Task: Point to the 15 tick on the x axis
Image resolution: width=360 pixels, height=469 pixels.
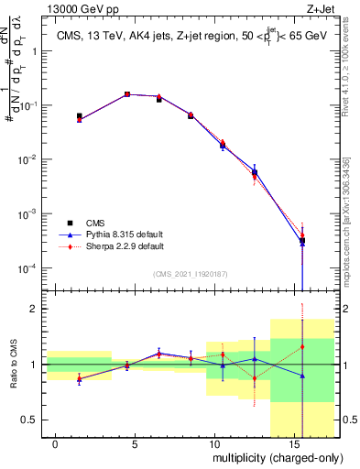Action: click(291, 443)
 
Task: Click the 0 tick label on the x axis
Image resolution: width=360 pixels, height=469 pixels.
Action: click(56, 443)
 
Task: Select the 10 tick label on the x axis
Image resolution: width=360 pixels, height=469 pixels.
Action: click(213, 443)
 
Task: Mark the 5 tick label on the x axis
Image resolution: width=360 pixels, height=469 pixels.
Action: click(135, 443)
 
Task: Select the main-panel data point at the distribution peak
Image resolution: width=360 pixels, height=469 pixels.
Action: click(127, 94)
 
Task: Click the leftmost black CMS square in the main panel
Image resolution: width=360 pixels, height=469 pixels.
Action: click(80, 116)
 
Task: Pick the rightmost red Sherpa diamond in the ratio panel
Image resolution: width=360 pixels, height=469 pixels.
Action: click(303, 346)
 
